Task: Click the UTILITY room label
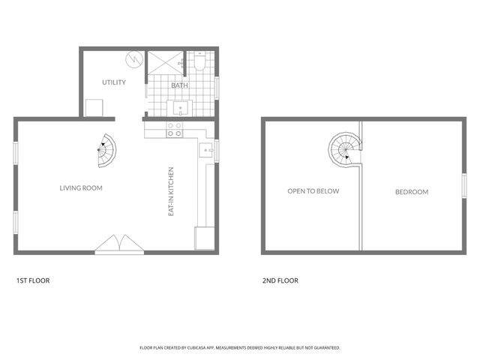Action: pyautogui.click(x=114, y=82)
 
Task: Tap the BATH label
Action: pyautogui.click(x=180, y=85)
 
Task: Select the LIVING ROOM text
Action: pyautogui.click(x=81, y=188)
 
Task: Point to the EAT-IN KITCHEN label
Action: pyautogui.click(x=172, y=192)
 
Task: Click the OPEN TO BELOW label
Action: pyautogui.click(x=313, y=191)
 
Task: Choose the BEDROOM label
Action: pyautogui.click(x=412, y=192)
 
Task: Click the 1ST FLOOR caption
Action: pyautogui.click(x=33, y=280)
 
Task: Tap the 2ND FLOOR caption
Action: pyautogui.click(x=280, y=280)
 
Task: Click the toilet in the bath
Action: pyautogui.click(x=199, y=64)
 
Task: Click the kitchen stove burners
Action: pyautogui.click(x=175, y=130)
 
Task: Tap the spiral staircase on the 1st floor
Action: pyautogui.click(x=107, y=152)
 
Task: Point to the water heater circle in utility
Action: pyautogui.click(x=134, y=58)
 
